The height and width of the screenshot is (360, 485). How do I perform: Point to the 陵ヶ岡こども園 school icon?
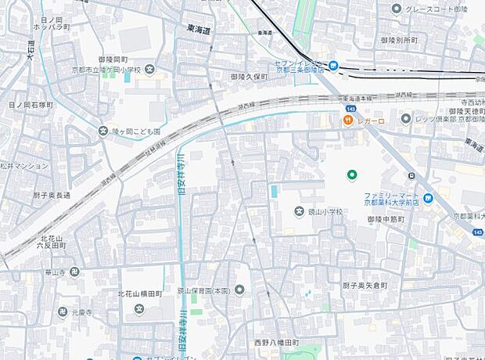pyautogui.click(x=102, y=131)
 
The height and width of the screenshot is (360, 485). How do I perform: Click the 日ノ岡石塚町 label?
pyautogui.click(x=31, y=104)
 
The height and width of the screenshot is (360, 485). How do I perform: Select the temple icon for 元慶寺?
pyautogui.click(x=62, y=312)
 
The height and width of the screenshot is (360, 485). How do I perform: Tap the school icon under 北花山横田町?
pyautogui.click(x=138, y=308)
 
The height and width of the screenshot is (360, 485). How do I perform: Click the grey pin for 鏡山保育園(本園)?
pyautogui.click(x=239, y=290)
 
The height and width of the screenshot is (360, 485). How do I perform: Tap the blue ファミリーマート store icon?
pyautogui.click(x=427, y=197)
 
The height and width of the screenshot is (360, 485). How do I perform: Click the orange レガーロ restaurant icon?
pyautogui.click(x=343, y=121)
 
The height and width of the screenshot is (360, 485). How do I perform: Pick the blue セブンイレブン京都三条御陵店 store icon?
pyautogui.click(x=333, y=66)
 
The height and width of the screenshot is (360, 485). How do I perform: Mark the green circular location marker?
pyautogui.click(x=352, y=175)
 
